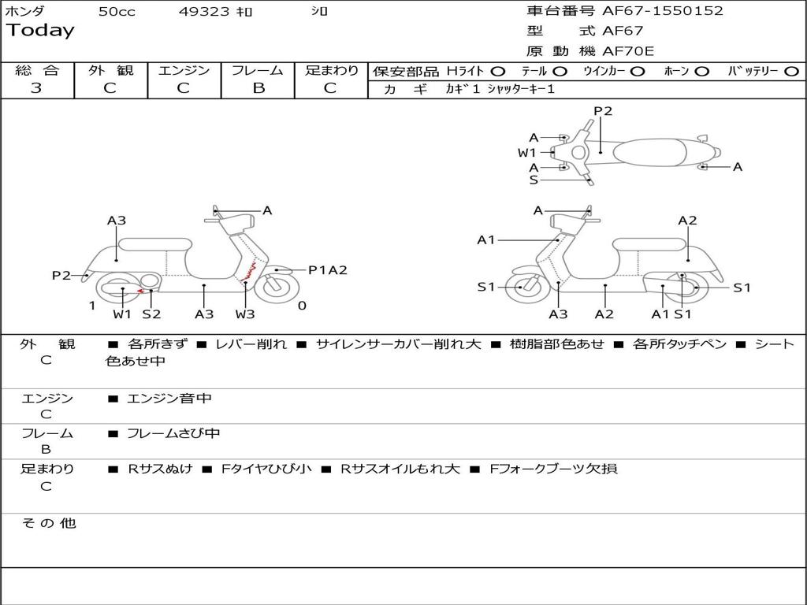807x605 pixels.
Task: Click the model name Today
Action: (x=40, y=31)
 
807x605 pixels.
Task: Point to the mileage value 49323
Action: (x=204, y=12)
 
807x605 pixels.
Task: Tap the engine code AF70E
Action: (x=629, y=51)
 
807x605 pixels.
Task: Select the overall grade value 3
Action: (x=36, y=88)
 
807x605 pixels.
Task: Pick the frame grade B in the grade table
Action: (x=258, y=88)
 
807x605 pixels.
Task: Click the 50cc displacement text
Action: (x=117, y=12)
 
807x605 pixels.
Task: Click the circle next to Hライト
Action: (x=498, y=71)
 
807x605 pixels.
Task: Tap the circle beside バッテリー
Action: (x=791, y=71)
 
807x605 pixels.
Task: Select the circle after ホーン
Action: (x=702, y=71)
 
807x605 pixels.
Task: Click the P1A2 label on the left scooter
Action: (x=327, y=270)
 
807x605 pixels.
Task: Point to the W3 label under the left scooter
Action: (x=245, y=314)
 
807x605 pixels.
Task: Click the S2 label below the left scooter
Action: (x=151, y=314)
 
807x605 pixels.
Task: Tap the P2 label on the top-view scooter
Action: (x=603, y=111)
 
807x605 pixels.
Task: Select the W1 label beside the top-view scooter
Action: (x=526, y=152)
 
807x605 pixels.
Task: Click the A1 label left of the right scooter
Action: (x=485, y=239)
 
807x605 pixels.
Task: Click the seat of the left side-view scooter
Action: (x=154, y=243)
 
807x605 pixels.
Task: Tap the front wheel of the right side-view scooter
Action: (x=522, y=288)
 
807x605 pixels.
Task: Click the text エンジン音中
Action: (x=169, y=399)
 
